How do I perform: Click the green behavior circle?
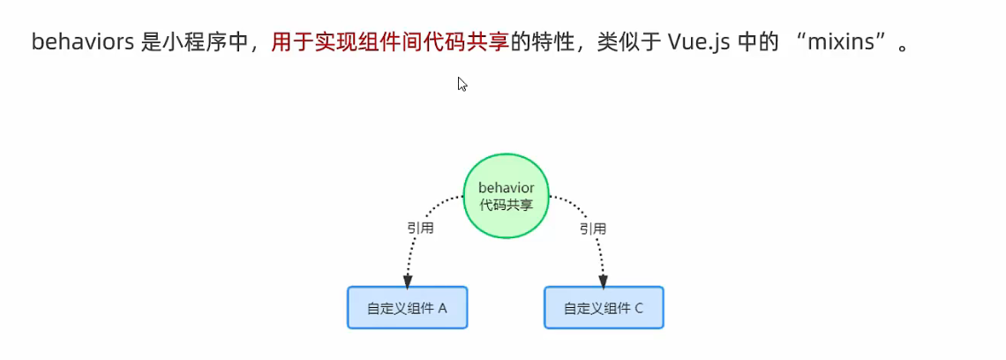click(506, 196)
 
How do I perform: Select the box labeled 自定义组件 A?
click(407, 307)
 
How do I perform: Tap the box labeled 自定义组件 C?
click(604, 307)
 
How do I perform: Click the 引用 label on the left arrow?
click(420, 229)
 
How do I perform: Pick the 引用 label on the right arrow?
click(592, 229)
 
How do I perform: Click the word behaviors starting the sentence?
click(81, 42)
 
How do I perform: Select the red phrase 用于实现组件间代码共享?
click(390, 42)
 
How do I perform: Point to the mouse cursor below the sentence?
click(462, 84)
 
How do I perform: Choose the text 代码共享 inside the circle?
click(506, 205)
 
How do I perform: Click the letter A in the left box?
click(442, 308)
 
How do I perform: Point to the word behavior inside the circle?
click(506, 188)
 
